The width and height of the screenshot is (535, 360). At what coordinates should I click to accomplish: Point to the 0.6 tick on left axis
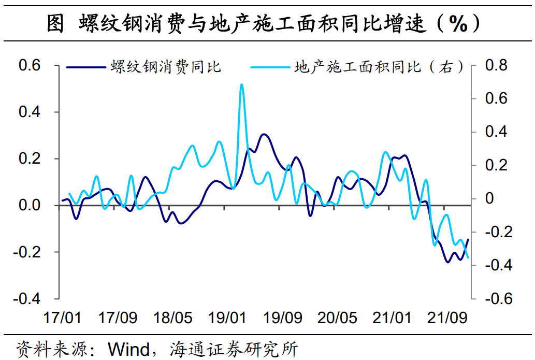point(30,65)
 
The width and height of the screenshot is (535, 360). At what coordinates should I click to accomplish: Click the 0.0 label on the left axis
point(30,206)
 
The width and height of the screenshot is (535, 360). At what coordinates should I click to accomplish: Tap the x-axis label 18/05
point(172,317)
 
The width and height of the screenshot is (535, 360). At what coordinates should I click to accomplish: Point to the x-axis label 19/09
point(282,317)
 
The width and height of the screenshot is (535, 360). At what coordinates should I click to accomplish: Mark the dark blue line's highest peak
point(264,134)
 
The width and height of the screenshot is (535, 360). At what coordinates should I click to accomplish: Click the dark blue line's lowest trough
point(448,262)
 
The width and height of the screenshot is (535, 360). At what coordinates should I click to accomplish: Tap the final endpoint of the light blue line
point(468,257)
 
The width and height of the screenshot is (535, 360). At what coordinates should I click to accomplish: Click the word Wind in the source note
point(129,348)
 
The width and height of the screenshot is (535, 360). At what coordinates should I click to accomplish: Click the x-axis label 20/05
point(337,317)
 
